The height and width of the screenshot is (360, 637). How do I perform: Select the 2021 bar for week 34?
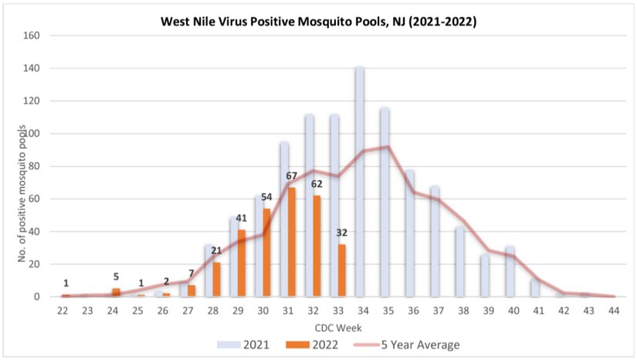[359, 182]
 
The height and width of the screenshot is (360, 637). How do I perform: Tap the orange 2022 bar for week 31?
[292, 242]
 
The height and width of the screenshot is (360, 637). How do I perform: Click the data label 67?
[291, 177]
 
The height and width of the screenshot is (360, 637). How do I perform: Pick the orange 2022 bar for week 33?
[342, 270]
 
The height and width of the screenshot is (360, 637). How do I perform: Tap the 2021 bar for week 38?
[459, 262]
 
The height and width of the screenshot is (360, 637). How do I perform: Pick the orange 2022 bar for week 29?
[242, 263]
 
